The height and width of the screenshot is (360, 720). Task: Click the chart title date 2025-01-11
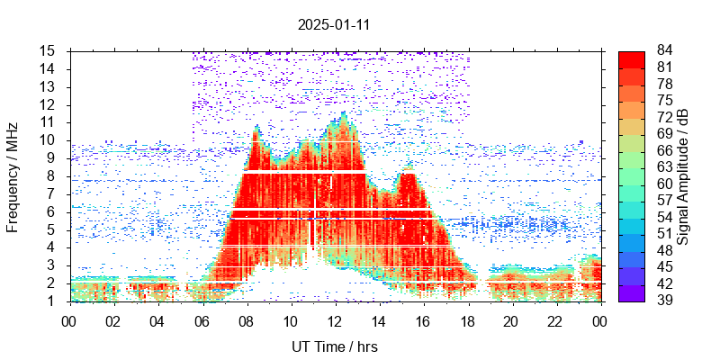pos(334,25)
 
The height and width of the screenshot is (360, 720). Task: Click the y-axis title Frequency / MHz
pos(13,175)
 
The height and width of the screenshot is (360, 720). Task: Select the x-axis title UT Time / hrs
pos(334,346)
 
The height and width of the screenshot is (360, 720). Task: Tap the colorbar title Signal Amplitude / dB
pos(684,175)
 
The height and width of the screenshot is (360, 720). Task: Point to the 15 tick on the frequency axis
pos(49,50)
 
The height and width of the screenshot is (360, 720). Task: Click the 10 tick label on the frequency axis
pos(49,140)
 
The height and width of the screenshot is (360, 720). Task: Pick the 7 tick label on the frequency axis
pos(53,193)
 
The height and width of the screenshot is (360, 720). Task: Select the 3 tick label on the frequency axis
pos(53,265)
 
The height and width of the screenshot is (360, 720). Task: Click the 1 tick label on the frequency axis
pos(53,301)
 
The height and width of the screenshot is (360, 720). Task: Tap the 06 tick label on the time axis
pos(202,321)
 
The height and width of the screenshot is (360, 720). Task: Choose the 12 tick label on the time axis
pos(335,321)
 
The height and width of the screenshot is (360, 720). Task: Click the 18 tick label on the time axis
pos(467,321)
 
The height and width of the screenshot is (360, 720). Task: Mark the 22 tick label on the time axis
pos(555,321)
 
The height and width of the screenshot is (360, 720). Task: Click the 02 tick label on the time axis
pos(113,321)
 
